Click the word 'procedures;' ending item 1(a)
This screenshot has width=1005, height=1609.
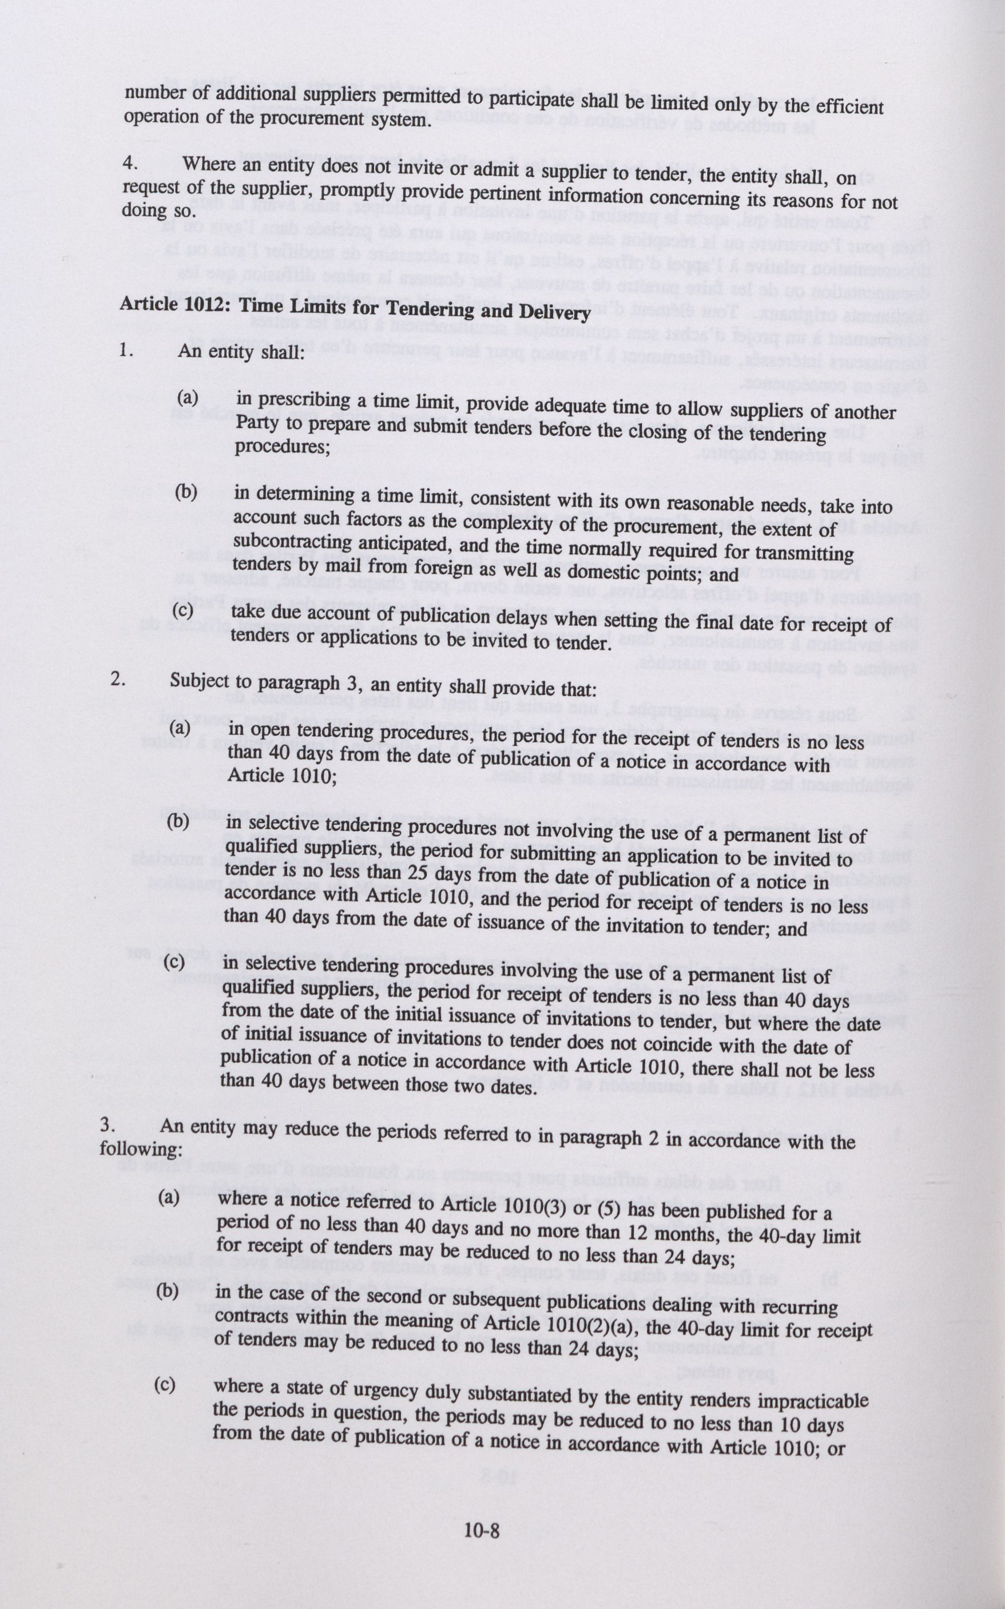click(283, 447)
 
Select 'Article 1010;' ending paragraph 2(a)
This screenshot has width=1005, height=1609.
click(282, 776)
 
